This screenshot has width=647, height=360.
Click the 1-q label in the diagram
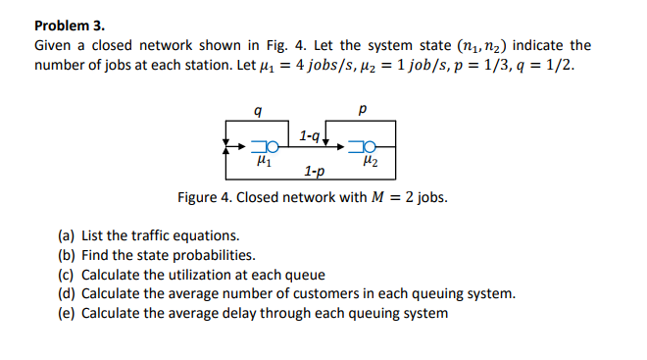tap(308, 132)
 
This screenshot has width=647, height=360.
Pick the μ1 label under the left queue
tap(262, 164)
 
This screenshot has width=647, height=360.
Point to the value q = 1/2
tap(551, 65)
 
